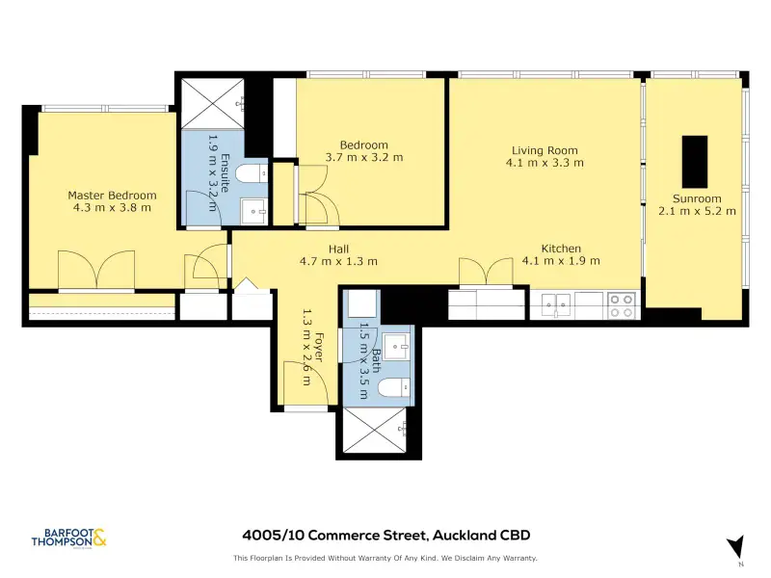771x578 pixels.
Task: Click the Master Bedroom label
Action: [112, 196]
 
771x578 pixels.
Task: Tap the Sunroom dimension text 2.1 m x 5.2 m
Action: [697, 211]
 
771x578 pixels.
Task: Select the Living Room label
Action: [545, 150]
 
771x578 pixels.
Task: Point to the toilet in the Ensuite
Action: [251, 173]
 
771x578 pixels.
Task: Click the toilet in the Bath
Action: [394, 387]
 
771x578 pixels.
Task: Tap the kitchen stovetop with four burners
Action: [622, 305]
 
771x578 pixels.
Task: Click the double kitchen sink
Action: [556, 304]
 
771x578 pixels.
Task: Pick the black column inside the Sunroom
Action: [695, 162]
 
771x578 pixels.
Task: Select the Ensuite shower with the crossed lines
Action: [212, 104]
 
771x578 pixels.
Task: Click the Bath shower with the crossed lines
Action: [375, 430]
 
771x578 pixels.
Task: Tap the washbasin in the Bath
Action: [396, 347]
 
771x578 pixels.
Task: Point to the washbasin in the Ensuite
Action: [253, 211]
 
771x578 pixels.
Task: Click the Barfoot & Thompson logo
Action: [68, 538]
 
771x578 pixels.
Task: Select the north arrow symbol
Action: [736, 547]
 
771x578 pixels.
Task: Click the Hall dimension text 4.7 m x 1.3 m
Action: [339, 261]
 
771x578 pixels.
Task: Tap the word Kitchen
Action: [561, 249]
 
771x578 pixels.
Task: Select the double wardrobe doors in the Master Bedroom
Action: [96, 270]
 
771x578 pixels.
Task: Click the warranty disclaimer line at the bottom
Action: [385, 558]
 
